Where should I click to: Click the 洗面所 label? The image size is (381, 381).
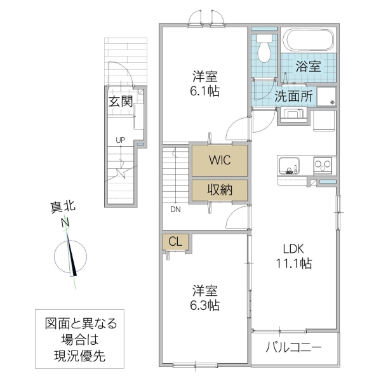pyautogui.click(x=293, y=97)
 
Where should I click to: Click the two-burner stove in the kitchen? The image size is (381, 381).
pyautogui.click(x=323, y=164)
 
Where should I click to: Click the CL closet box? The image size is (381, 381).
pyautogui.click(x=176, y=241)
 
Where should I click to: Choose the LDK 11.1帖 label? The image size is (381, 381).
pyautogui.click(x=293, y=256)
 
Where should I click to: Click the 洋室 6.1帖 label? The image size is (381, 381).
pyautogui.click(x=205, y=84)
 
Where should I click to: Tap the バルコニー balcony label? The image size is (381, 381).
pyautogui.click(x=293, y=348)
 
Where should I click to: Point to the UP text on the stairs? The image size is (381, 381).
pyautogui.click(x=119, y=140)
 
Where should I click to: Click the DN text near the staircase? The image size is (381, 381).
pyautogui.click(x=173, y=208)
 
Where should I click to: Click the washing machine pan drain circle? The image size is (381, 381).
pyautogui.click(x=331, y=102)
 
